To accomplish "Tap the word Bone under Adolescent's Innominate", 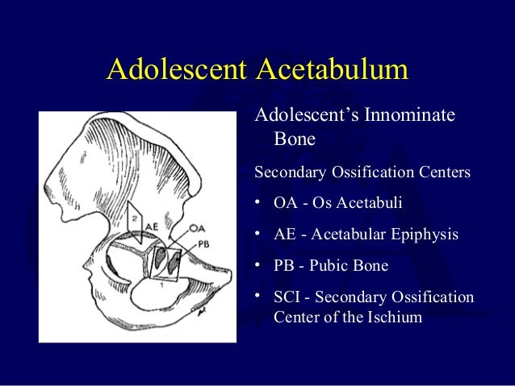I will [x=295, y=140].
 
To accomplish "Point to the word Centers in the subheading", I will [x=443, y=172].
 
